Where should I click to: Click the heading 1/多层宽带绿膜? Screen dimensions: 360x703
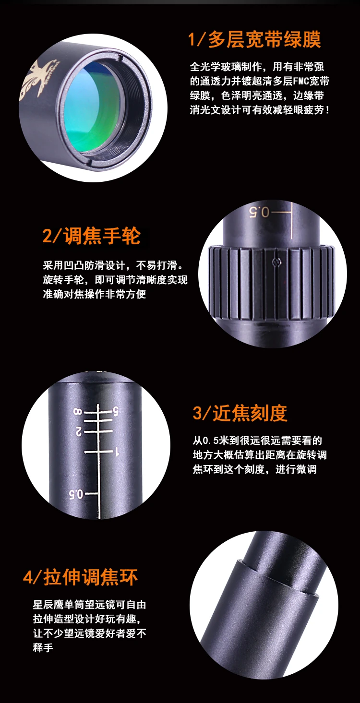(254, 39)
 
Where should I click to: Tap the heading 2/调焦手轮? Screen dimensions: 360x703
(91, 236)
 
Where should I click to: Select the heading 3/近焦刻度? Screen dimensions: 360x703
(240, 413)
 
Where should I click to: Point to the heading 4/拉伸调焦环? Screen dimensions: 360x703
(80, 577)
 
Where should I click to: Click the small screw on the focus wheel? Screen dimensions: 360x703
(276, 262)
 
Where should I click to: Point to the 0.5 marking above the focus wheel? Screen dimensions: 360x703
(259, 212)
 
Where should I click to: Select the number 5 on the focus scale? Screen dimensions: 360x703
(116, 411)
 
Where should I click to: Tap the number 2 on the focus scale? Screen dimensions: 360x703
(78, 431)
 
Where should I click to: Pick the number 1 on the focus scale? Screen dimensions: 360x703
(117, 452)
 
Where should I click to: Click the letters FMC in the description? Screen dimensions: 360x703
(300, 81)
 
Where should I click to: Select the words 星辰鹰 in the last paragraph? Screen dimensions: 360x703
(48, 605)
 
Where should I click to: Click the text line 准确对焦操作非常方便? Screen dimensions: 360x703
(95, 294)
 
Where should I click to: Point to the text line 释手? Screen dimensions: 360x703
(43, 648)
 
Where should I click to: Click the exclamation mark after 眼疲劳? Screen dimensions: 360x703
(328, 110)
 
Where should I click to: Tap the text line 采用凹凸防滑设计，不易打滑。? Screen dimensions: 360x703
(113, 265)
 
